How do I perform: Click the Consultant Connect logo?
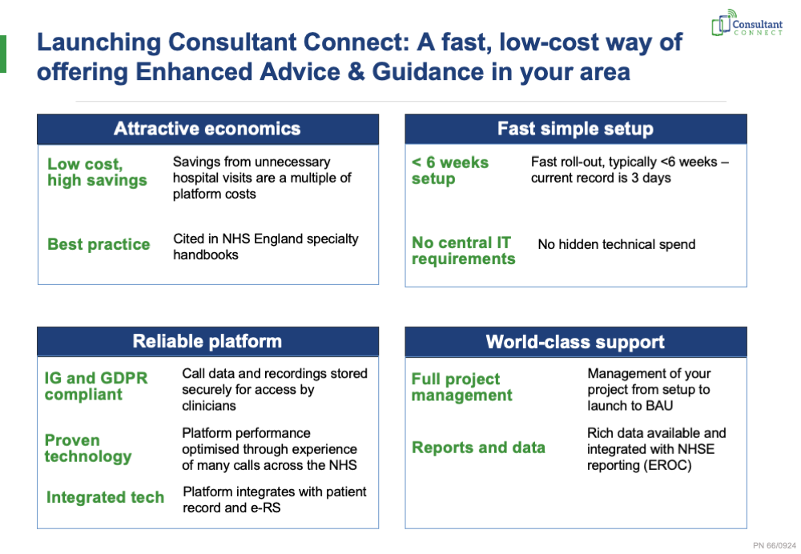coord(747,23)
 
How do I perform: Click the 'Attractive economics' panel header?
coord(208,129)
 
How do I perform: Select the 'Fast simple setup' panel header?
coord(576,129)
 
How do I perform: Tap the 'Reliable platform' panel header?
coord(208,341)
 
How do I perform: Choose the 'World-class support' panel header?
coord(576,342)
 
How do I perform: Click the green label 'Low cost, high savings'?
coord(97,172)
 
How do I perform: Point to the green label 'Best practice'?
coord(99,244)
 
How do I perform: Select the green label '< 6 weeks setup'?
coord(450,171)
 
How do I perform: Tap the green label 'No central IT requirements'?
coord(463,251)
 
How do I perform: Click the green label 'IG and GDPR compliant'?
coord(96,386)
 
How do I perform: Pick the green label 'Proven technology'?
coord(88,448)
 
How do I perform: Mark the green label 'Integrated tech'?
coord(105,497)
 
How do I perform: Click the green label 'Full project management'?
coord(462,387)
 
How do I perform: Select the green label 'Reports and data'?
coord(479,448)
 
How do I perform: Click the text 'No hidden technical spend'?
coord(617,244)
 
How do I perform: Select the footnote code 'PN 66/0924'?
coord(775,545)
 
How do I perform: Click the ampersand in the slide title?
coord(356,71)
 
